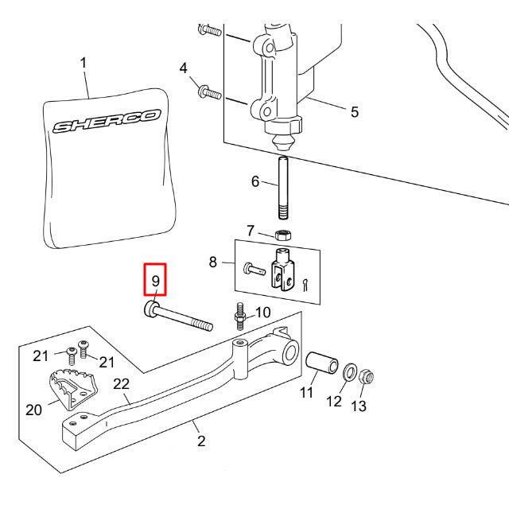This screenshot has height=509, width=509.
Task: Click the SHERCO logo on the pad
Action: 106,122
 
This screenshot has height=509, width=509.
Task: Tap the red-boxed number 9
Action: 155,281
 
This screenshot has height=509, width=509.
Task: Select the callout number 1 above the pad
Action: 84,62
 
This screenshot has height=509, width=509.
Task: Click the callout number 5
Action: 354,111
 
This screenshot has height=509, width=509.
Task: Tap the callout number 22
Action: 121,384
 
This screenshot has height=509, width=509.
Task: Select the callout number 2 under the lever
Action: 201,441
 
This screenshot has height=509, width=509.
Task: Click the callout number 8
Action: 212,261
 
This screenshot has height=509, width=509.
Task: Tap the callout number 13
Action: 359,406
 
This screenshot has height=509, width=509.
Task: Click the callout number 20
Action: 33,410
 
